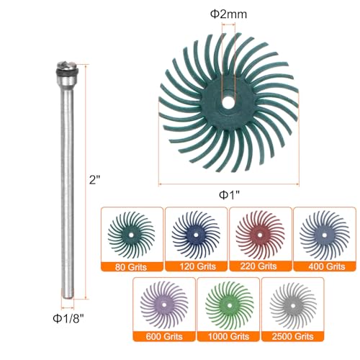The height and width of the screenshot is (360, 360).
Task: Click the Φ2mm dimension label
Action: tap(228, 14)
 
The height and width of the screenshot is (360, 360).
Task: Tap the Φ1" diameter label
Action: tap(230, 195)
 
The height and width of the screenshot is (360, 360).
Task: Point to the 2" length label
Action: tap(94, 179)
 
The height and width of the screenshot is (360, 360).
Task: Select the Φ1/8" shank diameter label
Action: tap(68, 319)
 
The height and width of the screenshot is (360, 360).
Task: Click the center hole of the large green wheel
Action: tap(228, 102)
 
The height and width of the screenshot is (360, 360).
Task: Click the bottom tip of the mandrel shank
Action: tap(68, 298)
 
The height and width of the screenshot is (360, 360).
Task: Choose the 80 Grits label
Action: tap(131, 267)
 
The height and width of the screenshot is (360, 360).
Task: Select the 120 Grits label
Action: tap(198, 266)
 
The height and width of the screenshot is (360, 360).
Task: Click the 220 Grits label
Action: tap(258, 266)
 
